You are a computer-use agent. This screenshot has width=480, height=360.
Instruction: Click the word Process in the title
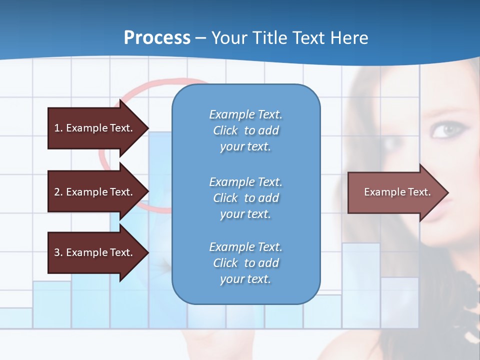pos(157,38)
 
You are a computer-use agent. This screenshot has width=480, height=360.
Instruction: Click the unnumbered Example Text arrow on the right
pos(397,192)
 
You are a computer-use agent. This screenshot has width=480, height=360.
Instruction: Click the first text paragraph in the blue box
pos(246,130)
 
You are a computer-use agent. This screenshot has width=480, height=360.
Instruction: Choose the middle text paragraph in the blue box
pos(246,197)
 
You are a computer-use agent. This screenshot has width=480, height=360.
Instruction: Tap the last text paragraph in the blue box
pos(246,263)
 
